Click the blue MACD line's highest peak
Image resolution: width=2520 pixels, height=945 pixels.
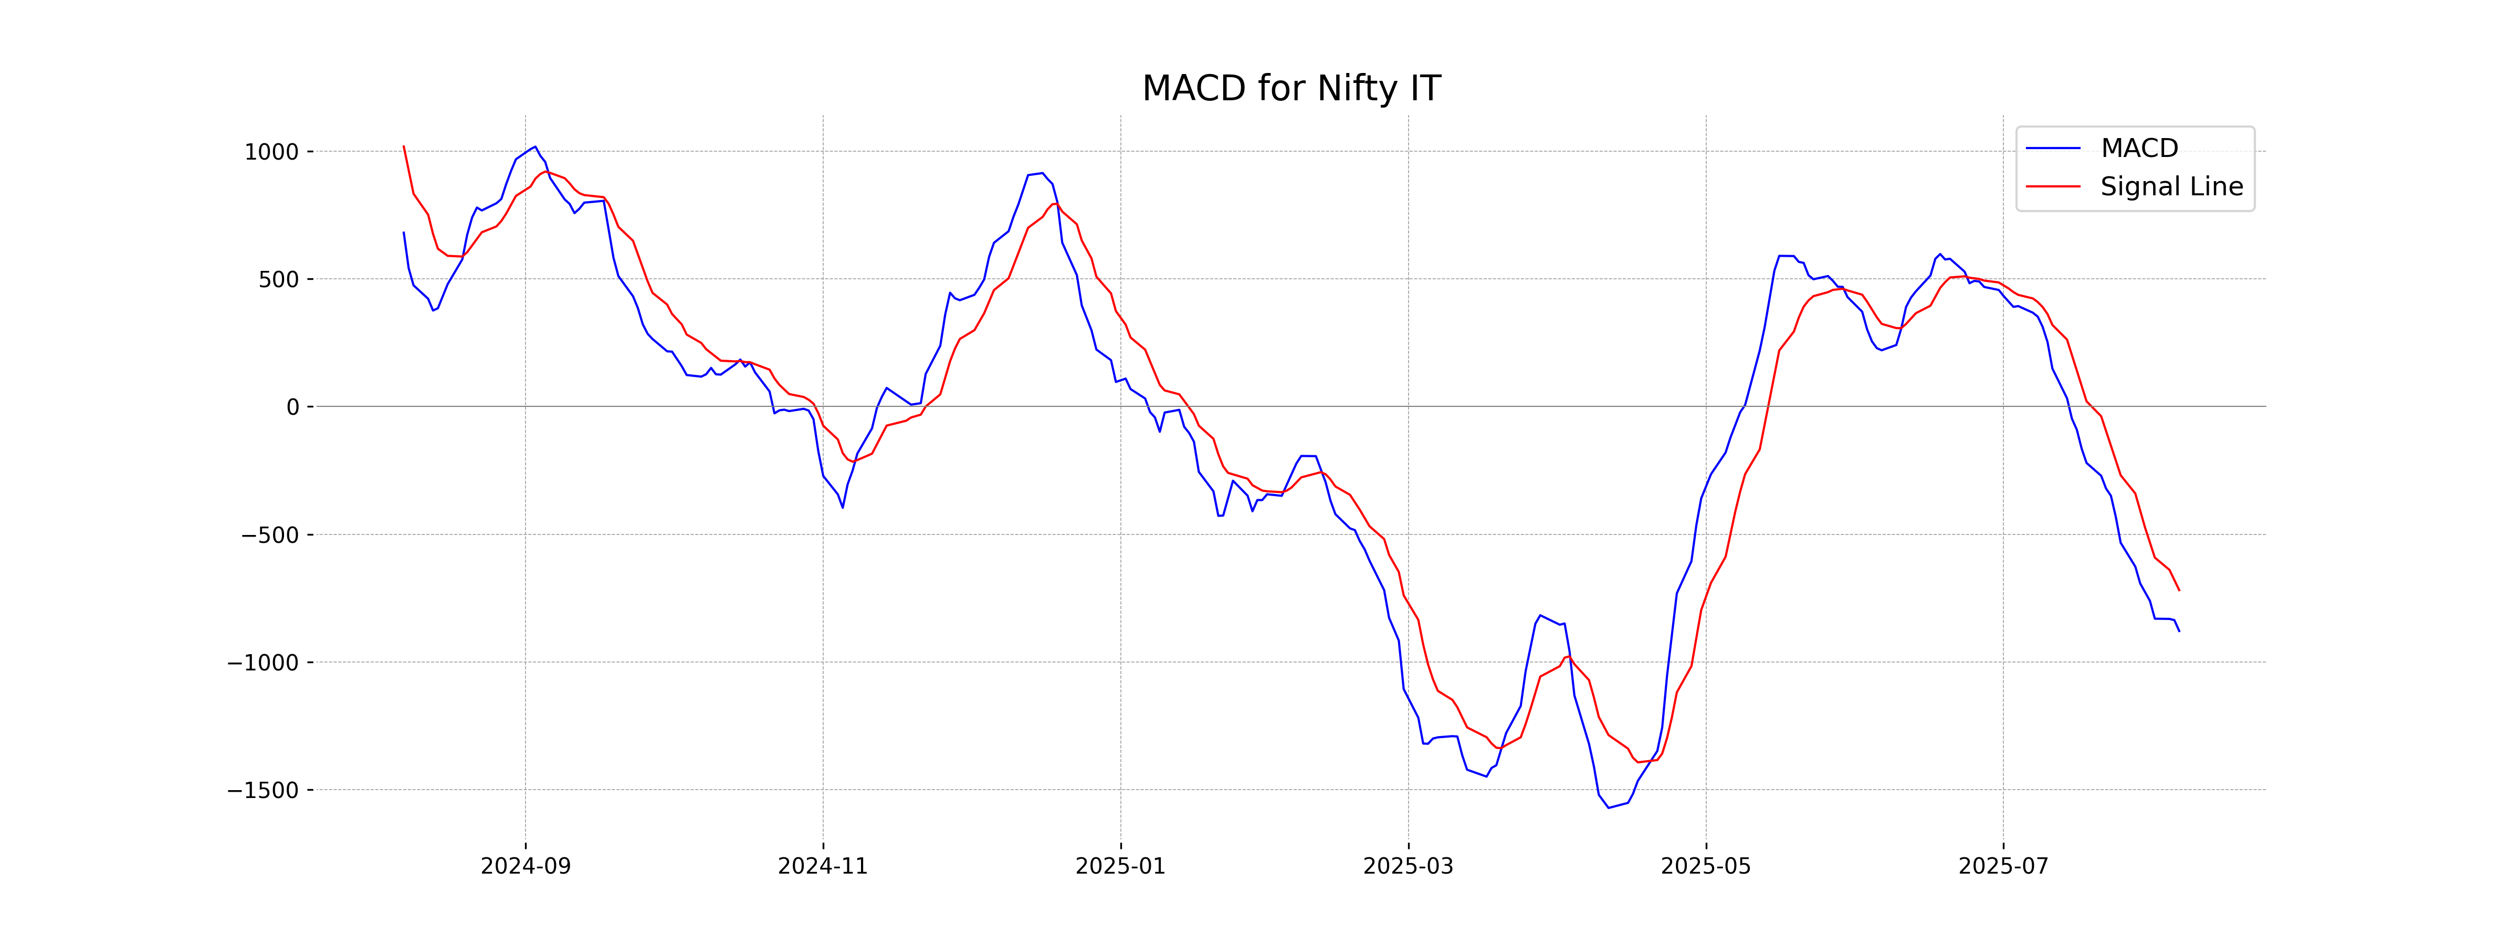click(x=534, y=147)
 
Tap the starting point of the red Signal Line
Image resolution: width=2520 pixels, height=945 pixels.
click(x=404, y=147)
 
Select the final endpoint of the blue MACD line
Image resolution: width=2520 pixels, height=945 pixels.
click(x=2179, y=631)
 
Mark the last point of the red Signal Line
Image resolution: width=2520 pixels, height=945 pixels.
click(x=2179, y=590)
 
